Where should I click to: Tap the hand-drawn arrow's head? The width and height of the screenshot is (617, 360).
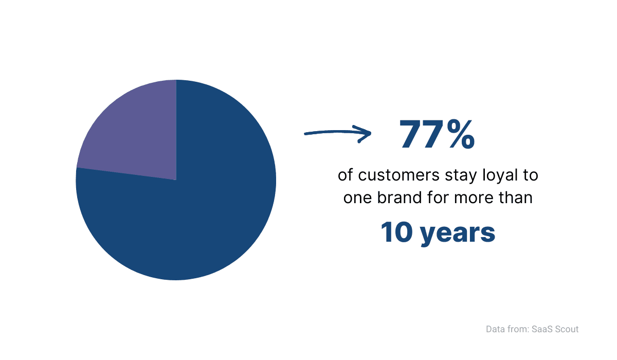pyautogui.click(x=364, y=134)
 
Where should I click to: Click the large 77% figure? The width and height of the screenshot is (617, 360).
pyautogui.click(x=437, y=134)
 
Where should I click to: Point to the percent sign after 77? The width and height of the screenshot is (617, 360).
pyautogui.click(x=461, y=134)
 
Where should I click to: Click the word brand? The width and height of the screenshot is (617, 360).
pyautogui.click(x=399, y=197)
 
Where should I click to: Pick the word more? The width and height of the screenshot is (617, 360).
pyautogui.click(x=474, y=199)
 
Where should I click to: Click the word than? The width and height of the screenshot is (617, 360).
pyautogui.click(x=516, y=197)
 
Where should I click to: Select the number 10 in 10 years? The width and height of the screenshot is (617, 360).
pyautogui.click(x=396, y=232)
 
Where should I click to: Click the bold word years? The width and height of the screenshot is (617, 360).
pyautogui.click(x=458, y=234)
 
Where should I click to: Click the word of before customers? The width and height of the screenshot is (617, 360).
pyautogui.click(x=345, y=175)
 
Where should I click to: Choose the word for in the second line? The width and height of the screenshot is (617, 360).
pyautogui.click(x=438, y=197)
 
